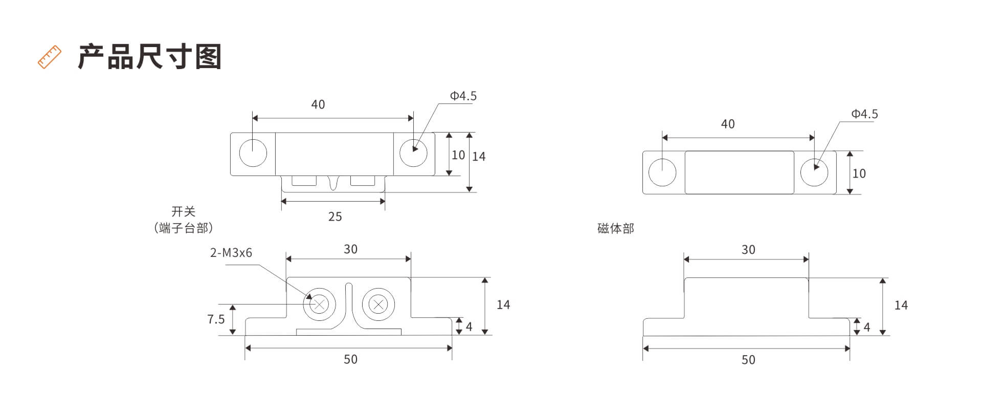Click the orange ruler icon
[x=50, y=57]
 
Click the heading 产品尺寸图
[x=150, y=57]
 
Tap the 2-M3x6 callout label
[x=231, y=253]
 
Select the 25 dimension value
[x=335, y=216]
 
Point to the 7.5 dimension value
[x=216, y=319]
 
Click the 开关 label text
[x=184, y=211]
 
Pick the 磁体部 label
[x=616, y=228]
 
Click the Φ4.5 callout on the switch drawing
[x=463, y=96]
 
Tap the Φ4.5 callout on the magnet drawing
[x=864, y=114]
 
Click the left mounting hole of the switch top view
[x=253, y=152]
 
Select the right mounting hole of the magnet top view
[x=814, y=172]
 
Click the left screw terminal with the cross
[x=320, y=304]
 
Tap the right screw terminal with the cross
[x=378, y=305]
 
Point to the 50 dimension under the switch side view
[x=350, y=359]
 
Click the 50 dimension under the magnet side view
[x=748, y=360]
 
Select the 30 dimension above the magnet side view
[x=748, y=250]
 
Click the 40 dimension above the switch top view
[x=318, y=104]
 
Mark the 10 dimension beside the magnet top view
[x=859, y=173]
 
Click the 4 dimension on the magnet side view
[x=867, y=327]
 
